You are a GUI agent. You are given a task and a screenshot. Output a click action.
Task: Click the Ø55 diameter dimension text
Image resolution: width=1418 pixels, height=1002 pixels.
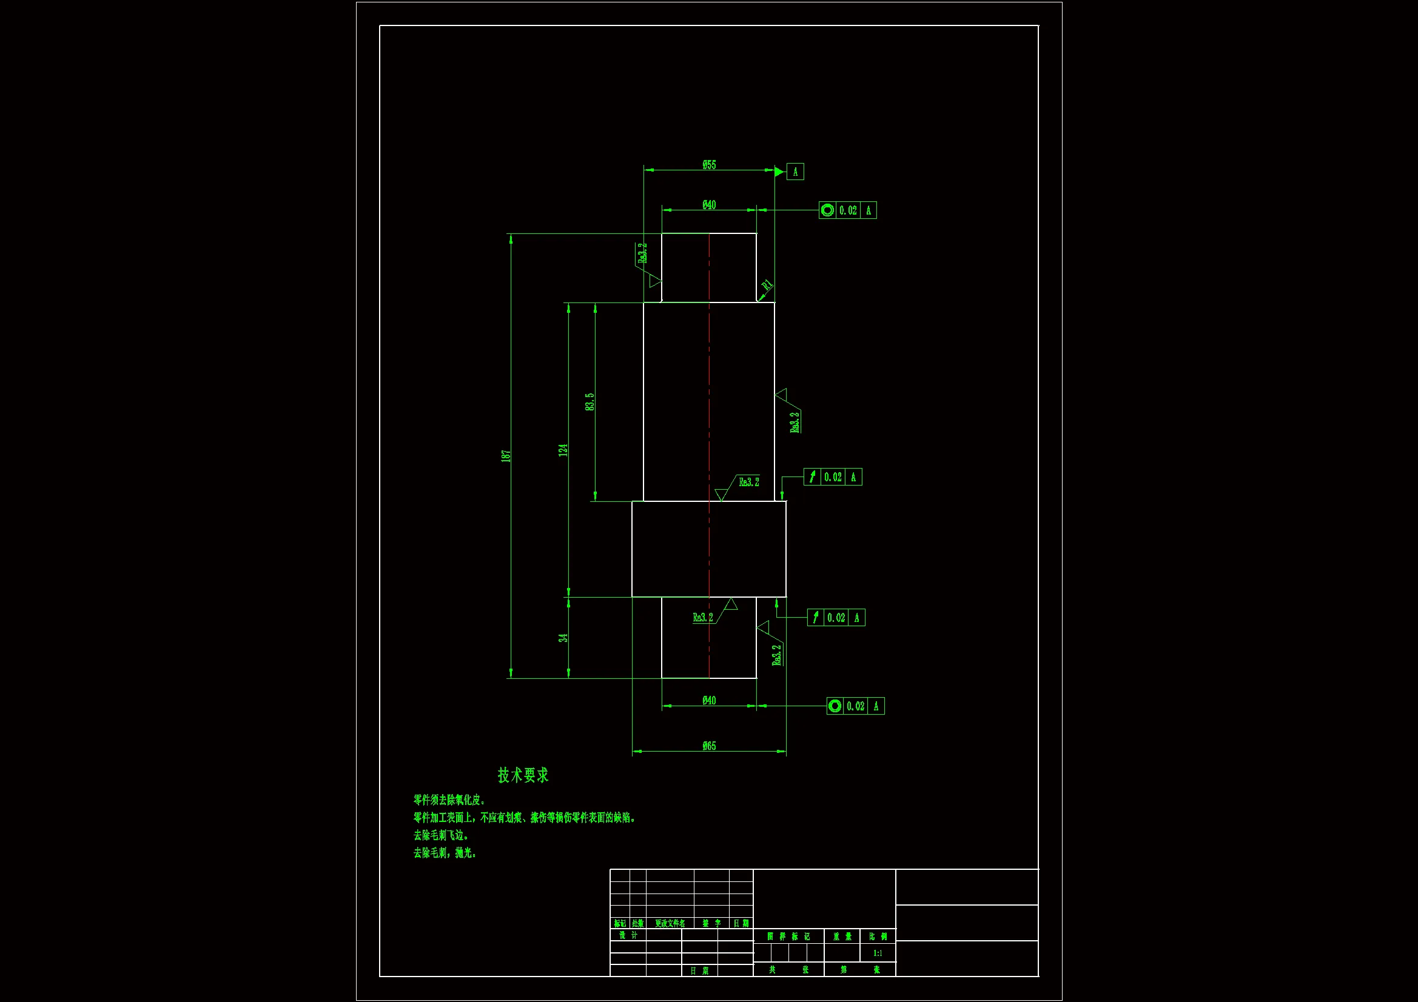tap(709, 165)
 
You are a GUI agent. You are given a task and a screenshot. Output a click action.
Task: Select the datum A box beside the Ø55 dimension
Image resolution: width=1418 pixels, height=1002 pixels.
tap(795, 172)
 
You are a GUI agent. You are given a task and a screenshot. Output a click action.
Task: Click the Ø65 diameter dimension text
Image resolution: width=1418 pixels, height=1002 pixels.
tap(709, 746)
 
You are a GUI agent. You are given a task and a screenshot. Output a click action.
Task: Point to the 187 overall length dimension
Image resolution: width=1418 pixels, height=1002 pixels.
tap(506, 456)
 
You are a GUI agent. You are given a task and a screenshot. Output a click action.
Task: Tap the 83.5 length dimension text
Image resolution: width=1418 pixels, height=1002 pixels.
tap(590, 402)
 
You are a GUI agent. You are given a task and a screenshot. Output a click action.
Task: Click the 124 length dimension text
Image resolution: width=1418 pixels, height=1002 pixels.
tap(563, 450)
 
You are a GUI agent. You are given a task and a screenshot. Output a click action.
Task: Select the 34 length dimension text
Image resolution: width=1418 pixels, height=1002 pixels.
tap(563, 638)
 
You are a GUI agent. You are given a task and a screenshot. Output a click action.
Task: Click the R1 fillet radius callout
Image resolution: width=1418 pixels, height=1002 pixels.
tap(767, 286)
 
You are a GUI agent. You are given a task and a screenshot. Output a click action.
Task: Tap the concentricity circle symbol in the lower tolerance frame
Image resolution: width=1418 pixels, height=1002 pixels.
tap(835, 706)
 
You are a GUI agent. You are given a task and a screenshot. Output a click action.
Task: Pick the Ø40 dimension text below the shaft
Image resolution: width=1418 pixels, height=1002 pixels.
tap(709, 701)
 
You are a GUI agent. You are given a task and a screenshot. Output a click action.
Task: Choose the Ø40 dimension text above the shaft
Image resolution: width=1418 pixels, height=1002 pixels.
tap(709, 205)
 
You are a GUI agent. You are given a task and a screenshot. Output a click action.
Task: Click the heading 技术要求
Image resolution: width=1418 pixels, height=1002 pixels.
tap(523, 775)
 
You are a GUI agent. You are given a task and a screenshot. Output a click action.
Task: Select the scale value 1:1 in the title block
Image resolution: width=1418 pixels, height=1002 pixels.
tap(878, 954)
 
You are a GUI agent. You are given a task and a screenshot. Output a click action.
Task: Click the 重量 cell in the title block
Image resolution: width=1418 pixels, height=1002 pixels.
tap(842, 937)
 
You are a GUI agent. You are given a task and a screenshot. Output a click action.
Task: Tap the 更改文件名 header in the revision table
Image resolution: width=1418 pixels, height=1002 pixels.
tap(670, 924)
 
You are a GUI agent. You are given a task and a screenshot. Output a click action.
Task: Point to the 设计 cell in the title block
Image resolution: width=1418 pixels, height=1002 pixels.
tap(628, 935)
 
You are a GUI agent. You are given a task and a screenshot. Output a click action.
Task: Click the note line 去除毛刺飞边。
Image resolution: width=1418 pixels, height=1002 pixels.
tap(441, 835)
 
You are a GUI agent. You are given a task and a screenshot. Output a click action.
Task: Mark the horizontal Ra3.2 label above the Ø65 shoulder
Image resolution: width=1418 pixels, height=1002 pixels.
tap(749, 482)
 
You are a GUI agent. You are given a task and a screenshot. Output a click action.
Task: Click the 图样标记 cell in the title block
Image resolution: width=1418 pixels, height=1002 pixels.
tap(788, 937)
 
